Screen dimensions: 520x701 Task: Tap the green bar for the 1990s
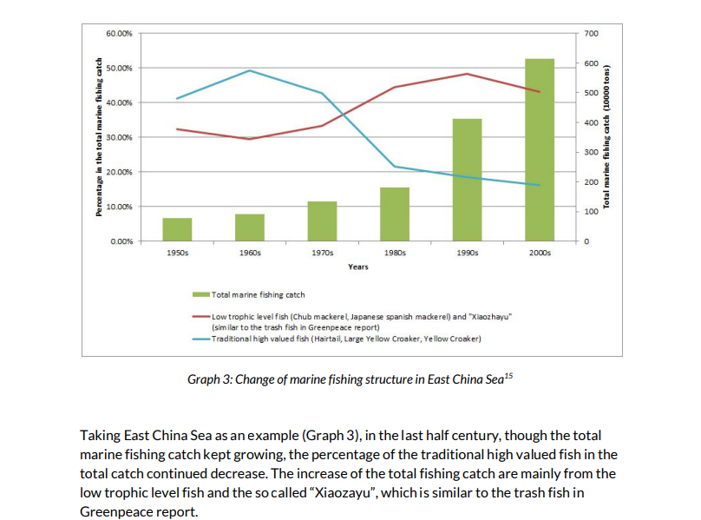[467, 180]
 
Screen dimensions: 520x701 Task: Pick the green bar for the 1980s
[395, 214]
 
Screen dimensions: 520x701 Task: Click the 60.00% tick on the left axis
[119, 33]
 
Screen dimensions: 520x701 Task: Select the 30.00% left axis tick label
[119, 137]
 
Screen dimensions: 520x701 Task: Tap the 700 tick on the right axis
[592, 33]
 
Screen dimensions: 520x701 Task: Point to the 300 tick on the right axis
[592, 152]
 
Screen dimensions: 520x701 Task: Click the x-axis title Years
[357, 267]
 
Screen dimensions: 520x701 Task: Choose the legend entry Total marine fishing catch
[258, 295]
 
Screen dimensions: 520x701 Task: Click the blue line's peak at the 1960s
[250, 70]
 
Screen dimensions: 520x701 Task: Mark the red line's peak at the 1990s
[467, 74]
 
